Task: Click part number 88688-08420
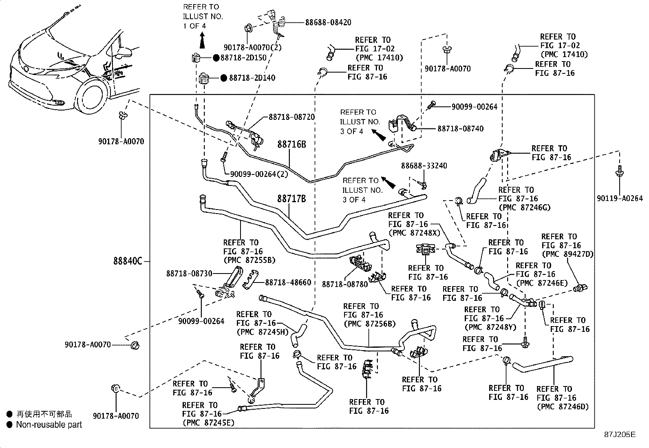[328, 23]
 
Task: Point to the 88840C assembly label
[128, 261]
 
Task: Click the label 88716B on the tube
[291, 144]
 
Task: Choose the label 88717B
[291, 199]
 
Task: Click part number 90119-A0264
[620, 199]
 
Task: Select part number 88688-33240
[424, 166]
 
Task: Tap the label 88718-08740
[460, 128]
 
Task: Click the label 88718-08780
[344, 283]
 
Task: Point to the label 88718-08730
[189, 273]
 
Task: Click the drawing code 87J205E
[620, 435]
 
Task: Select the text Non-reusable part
[49, 425]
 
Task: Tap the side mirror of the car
[124, 51]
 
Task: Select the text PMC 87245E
[208, 423]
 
